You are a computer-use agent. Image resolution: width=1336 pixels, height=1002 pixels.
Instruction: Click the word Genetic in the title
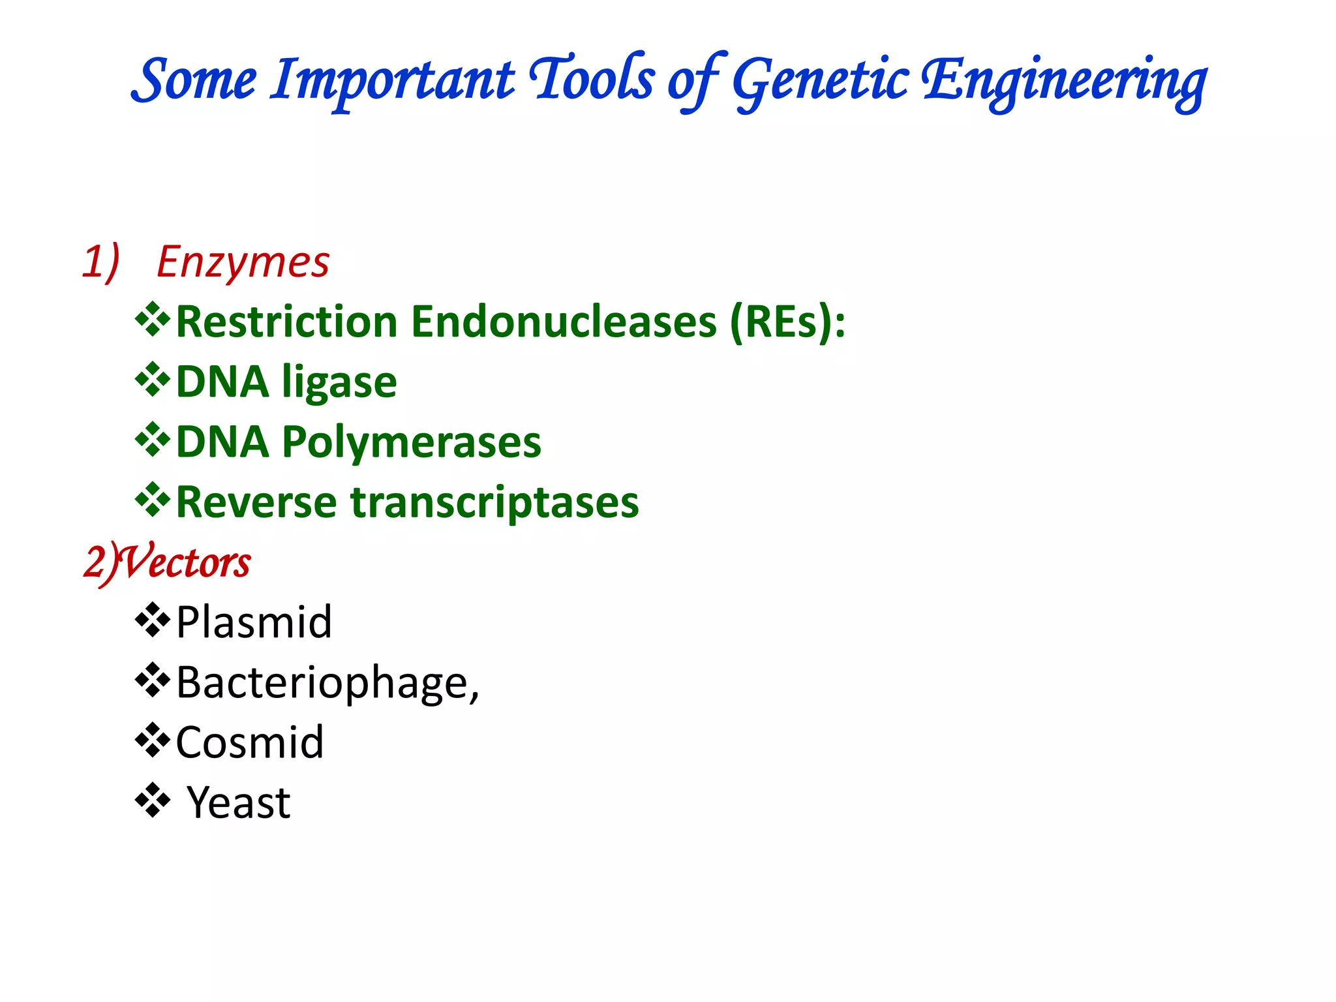(x=820, y=81)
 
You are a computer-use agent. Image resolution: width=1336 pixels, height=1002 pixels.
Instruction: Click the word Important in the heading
(x=393, y=81)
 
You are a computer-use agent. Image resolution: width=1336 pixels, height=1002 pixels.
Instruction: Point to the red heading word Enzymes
(x=243, y=262)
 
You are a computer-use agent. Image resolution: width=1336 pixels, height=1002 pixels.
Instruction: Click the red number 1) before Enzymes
(x=101, y=262)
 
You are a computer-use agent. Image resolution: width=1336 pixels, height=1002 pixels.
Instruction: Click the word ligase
(x=339, y=382)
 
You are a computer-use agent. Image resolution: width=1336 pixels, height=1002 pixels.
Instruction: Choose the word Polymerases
(x=411, y=442)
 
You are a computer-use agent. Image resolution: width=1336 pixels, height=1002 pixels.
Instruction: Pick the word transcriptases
(x=494, y=503)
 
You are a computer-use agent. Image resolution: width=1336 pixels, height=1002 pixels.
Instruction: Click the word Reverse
(x=256, y=503)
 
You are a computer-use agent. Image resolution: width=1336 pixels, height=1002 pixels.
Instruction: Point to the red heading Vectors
(x=186, y=562)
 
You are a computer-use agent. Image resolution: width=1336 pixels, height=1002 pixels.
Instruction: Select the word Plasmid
(x=254, y=622)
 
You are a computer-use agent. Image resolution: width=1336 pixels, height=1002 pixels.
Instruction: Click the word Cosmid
(x=250, y=743)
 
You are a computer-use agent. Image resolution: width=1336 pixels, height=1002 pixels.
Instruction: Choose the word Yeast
(x=238, y=803)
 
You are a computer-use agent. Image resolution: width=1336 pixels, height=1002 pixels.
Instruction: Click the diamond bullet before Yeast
(x=152, y=800)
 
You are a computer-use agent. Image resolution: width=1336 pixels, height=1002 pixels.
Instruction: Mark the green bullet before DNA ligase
(x=152, y=380)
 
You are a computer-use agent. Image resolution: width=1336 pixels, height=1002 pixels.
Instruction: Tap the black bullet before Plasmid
(x=152, y=620)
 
